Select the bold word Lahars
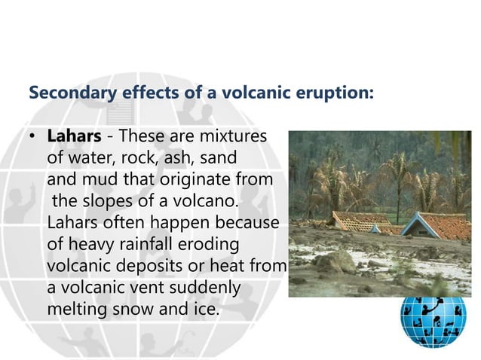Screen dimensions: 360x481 coord(74,137)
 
